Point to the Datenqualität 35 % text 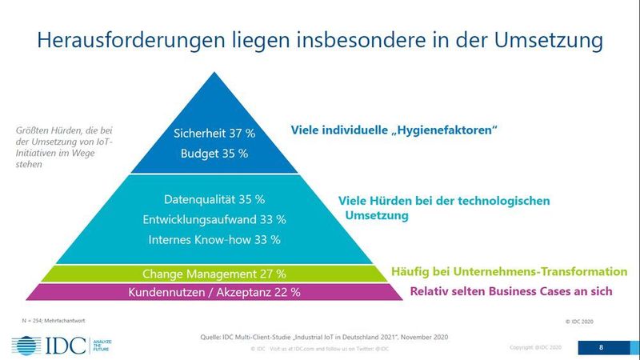point(214,199)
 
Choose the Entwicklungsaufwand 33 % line point(214,218)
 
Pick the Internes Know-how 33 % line point(214,238)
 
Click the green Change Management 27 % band point(214,273)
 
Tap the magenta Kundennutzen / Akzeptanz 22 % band point(214,292)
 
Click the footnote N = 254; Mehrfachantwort point(50,320)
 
